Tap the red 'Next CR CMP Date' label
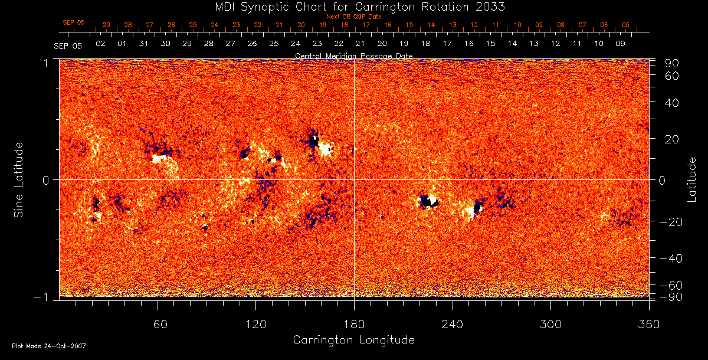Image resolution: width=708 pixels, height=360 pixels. click(x=354, y=17)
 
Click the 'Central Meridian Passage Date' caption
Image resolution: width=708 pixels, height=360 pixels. click(x=354, y=55)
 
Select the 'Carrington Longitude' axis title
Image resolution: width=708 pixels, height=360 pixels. click(x=353, y=340)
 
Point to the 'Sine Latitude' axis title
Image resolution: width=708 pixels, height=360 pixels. click(x=19, y=179)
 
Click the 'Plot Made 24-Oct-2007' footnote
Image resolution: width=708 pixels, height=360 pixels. click(x=49, y=346)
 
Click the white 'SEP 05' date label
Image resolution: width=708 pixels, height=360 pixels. click(x=67, y=45)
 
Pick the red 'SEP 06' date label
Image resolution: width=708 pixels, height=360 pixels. click(x=74, y=22)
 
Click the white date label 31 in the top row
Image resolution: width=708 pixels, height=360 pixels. click(x=143, y=44)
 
